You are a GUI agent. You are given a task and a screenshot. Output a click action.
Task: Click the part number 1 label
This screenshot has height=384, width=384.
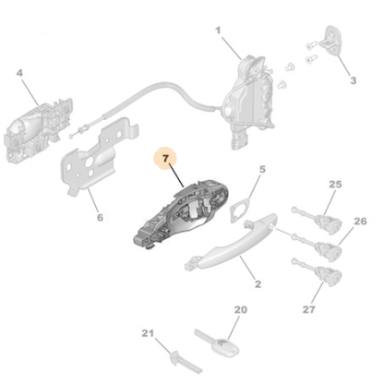pos(219,30)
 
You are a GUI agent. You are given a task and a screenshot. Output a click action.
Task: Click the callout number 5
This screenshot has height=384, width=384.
pos(261,169)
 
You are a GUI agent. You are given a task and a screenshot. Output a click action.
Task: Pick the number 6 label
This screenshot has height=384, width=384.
pos(100,219)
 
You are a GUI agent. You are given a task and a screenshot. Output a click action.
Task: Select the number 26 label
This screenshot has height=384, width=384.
pos(360,222)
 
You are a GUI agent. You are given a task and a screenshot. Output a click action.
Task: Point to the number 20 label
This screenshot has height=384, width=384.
pos(241,310)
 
